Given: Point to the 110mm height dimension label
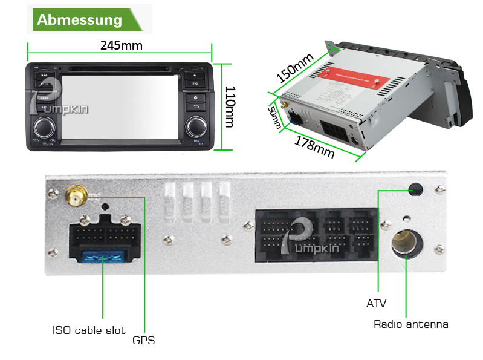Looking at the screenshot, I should [x=230, y=106].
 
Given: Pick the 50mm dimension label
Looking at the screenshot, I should [x=275, y=117].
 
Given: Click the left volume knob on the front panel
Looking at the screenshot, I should [x=44, y=126].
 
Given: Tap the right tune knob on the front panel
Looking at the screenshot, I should [x=195, y=126].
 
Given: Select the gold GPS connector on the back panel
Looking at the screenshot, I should [x=76, y=196].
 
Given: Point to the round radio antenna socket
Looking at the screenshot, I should [x=404, y=243].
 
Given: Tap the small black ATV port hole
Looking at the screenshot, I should [x=415, y=190].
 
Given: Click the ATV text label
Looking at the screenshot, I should [x=376, y=303].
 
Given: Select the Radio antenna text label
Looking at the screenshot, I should [x=411, y=324].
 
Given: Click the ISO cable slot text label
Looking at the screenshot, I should [x=88, y=330].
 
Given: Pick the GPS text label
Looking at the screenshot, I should [x=144, y=340].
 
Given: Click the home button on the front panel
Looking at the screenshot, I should [x=195, y=97].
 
